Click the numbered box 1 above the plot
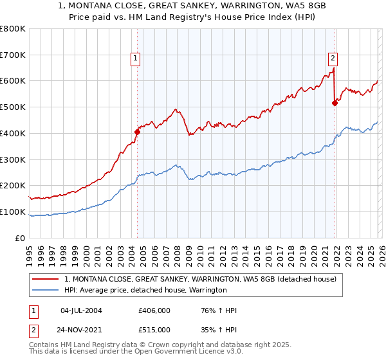(136, 59)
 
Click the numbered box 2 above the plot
(333, 59)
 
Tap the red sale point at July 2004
(137, 132)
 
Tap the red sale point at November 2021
(335, 103)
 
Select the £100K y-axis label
(13, 212)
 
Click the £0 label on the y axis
(21, 238)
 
